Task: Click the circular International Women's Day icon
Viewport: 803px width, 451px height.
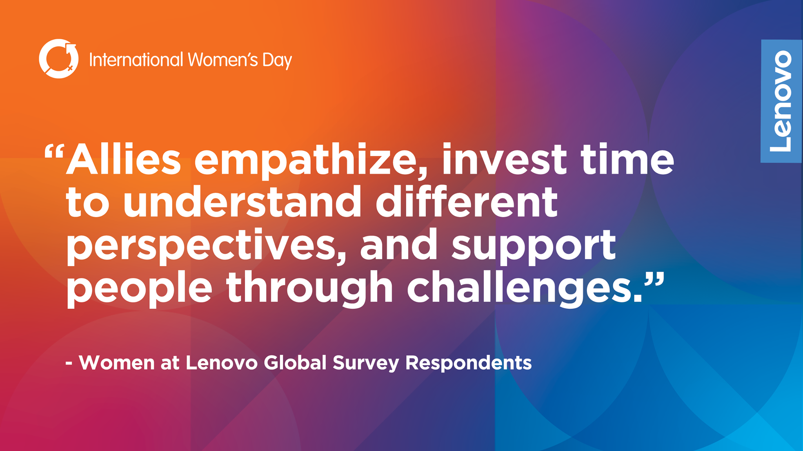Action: click(59, 59)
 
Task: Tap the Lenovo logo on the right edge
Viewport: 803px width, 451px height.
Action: click(781, 101)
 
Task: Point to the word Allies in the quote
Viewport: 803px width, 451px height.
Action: click(123, 159)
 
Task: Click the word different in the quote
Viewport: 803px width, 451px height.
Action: click(467, 201)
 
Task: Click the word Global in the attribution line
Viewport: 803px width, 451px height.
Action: click(295, 362)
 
